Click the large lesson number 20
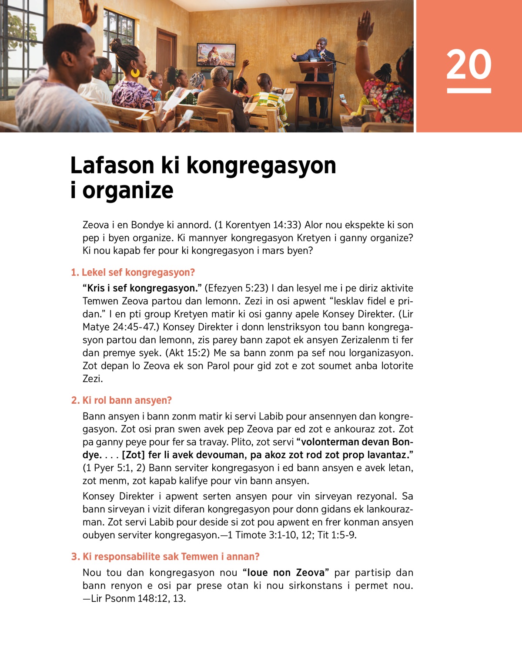point(468,64)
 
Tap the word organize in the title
point(128,191)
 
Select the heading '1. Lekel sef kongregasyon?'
point(133,273)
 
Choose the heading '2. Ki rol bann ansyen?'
point(121,400)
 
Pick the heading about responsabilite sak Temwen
point(165,557)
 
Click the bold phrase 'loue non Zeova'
point(286,573)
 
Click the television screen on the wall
point(216,54)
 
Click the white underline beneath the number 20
point(468,91)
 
